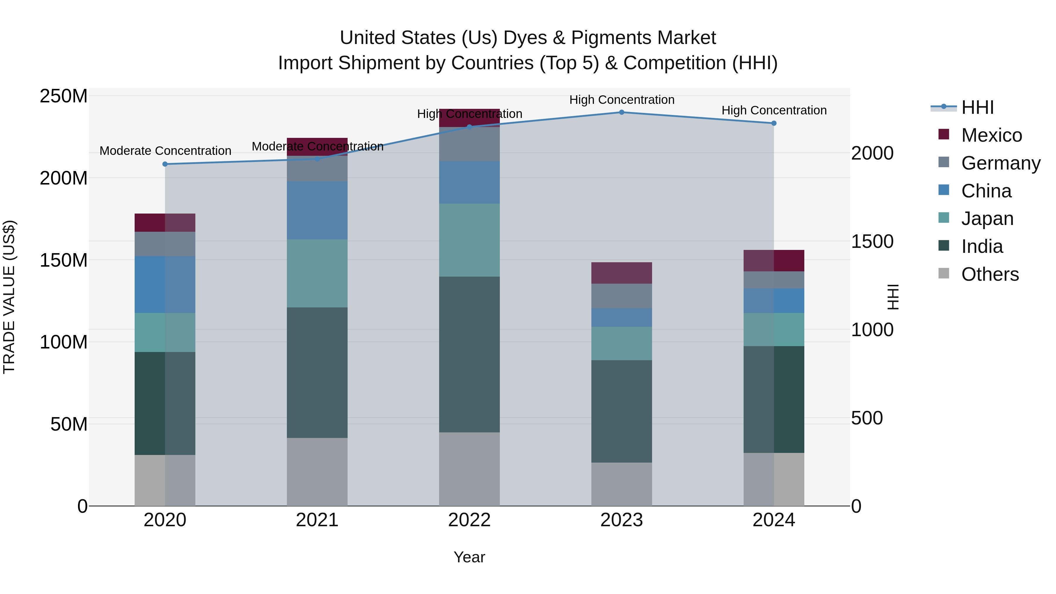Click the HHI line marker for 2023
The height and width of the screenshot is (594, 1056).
coord(622,112)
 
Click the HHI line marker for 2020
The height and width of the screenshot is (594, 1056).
coord(165,164)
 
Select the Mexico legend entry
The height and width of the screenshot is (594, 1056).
coord(991,135)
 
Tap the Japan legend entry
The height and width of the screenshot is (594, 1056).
coord(987,219)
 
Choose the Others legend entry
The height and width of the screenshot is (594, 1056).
coord(990,274)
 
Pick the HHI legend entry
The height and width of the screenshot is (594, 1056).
coord(977,107)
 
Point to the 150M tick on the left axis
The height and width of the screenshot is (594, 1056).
coord(64,260)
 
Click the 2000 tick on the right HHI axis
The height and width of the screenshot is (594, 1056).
coord(872,153)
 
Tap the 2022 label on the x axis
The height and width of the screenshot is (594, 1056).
coord(469,520)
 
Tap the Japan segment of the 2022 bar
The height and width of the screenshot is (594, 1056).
coord(469,240)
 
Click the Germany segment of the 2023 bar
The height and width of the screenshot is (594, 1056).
coord(622,296)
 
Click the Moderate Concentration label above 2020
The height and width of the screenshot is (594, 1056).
coord(165,151)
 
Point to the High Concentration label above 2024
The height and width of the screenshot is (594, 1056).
coord(774,110)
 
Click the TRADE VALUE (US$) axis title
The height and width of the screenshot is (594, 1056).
coord(9,297)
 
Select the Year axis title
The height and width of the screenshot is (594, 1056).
coord(469,557)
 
